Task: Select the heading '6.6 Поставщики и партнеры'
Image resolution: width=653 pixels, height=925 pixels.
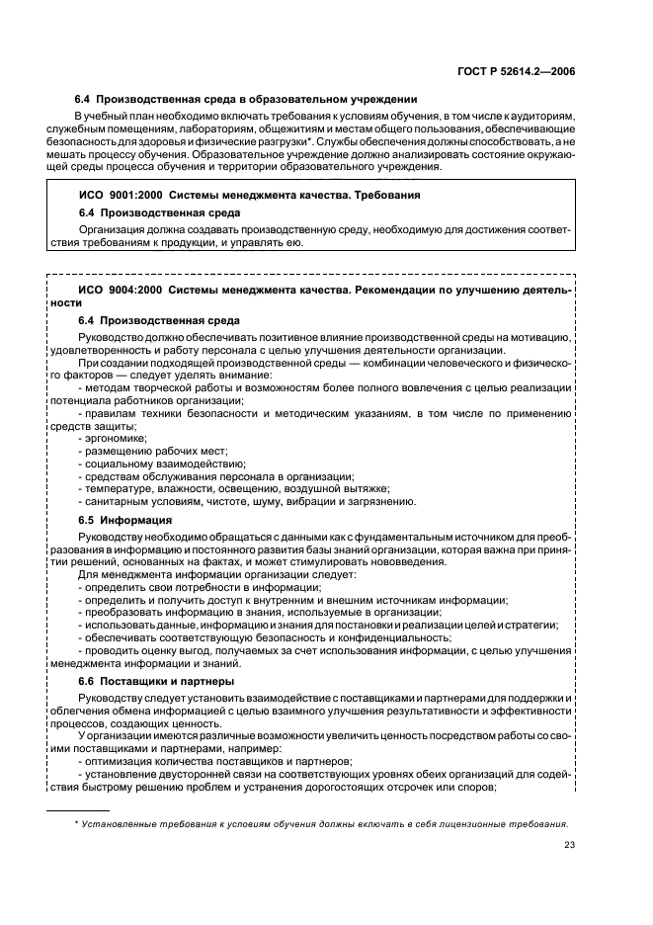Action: click(155, 681)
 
